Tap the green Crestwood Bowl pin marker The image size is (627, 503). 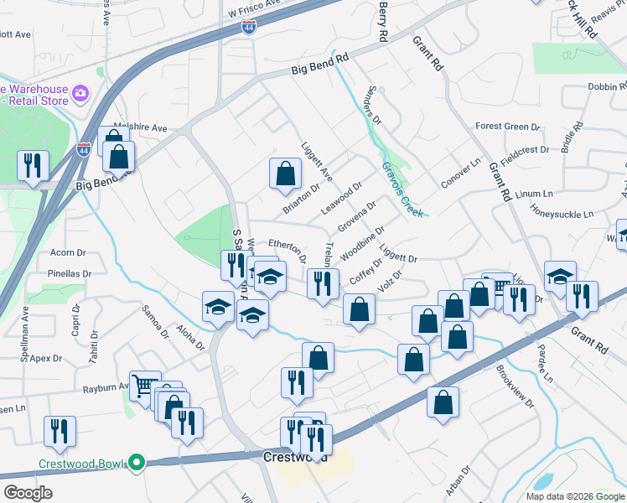point(134,462)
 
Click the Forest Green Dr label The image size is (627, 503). point(506,127)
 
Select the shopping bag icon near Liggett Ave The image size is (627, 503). point(285,174)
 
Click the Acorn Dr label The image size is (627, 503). point(69,251)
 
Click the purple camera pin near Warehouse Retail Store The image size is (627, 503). point(81,92)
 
